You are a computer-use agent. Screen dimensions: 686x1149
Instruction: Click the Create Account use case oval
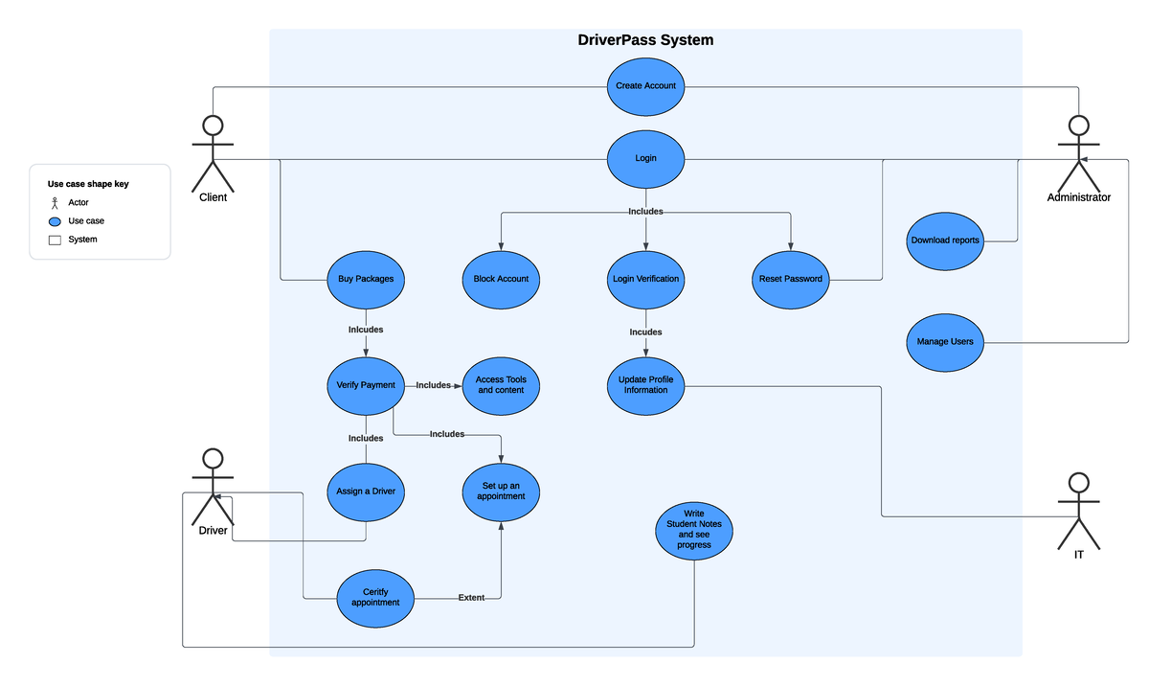point(645,86)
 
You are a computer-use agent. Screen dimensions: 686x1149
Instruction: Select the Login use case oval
point(645,158)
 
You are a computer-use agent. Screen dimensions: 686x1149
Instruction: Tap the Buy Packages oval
point(366,280)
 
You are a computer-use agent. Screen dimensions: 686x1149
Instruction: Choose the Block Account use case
point(501,280)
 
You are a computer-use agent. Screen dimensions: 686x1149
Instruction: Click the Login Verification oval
point(645,280)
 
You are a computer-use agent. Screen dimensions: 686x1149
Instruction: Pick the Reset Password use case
point(791,280)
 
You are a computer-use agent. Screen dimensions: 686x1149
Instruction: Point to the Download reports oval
point(945,240)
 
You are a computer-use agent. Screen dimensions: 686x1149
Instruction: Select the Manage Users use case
point(945,342)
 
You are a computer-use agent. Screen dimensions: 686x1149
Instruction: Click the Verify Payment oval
point(366,385)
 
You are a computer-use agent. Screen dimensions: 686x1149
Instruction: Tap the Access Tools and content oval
point(501,385)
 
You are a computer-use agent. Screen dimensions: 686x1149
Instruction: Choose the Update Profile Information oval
point(645,385)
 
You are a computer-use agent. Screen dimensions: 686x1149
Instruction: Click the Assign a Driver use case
point(366,492)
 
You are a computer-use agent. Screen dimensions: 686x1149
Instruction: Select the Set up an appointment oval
point(501,492)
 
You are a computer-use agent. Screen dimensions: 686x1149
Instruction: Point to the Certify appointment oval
point(375,598)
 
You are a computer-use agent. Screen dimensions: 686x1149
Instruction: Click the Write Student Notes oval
point(694,530)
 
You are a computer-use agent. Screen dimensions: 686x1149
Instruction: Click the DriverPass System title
point(645,40)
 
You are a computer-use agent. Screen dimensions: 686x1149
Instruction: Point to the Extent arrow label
point(471,598)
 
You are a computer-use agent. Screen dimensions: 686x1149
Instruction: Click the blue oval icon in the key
point(55,221)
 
